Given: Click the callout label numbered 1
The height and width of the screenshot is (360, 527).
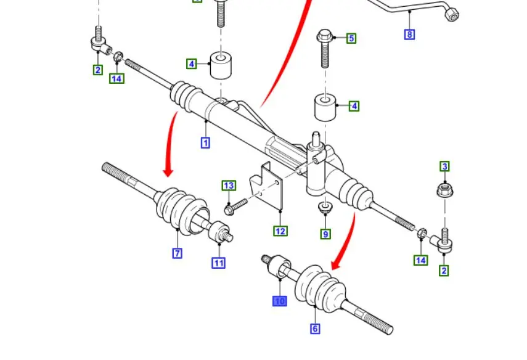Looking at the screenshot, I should [205, 142].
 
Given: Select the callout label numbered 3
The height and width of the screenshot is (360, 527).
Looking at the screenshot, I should [444, 166].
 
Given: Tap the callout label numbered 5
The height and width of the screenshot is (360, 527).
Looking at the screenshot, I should [351, 38].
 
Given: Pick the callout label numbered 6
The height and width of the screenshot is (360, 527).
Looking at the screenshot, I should [315, 329].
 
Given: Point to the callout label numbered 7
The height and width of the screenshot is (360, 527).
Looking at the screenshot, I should [177, 253].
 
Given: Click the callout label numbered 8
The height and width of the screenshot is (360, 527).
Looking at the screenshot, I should [410, 34].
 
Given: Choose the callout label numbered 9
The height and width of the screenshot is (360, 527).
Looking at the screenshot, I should [325, 234].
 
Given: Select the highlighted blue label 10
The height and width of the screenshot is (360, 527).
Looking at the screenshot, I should [280, 301].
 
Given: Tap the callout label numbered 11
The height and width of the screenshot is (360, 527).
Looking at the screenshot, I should [219, 263].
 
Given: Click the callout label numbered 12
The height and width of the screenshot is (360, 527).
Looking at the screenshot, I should [280, 231].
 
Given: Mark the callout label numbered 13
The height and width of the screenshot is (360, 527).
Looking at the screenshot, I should [229, 186].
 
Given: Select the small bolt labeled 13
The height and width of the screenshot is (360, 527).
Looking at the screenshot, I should [236, 206].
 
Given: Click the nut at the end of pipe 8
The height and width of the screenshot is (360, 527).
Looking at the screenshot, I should [452, 14].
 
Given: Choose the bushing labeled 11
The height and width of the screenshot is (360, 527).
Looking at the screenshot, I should [220, 232].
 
